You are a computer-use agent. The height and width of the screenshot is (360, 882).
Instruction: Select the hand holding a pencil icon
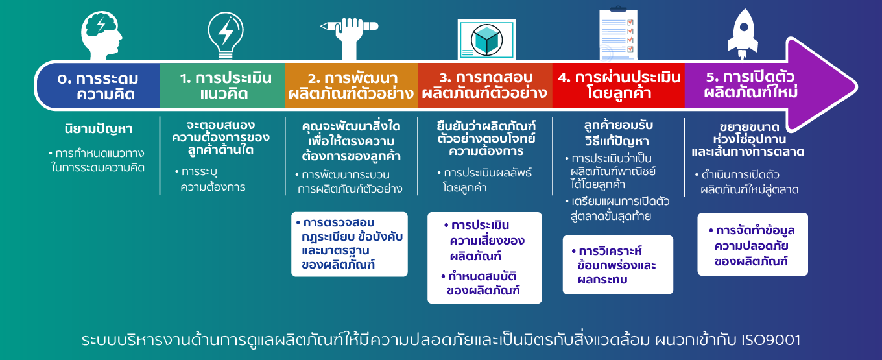click(x=350, y=38)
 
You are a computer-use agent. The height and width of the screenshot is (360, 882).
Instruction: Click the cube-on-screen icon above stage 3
click(x=486, y=40)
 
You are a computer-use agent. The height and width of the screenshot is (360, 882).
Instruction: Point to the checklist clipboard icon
click(x=618, y=34)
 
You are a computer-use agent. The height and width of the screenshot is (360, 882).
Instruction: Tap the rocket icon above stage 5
click(x=743, y=34)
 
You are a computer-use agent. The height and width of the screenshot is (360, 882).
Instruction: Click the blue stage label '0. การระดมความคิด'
click(x=99, y=86)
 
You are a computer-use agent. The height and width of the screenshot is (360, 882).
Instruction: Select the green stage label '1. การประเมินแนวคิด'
click(x=225, y=86)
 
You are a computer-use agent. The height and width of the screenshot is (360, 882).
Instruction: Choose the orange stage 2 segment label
click(x=351, y=86)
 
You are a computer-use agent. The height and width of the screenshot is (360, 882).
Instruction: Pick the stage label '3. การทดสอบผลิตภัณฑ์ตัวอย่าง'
click(x=484, y=85)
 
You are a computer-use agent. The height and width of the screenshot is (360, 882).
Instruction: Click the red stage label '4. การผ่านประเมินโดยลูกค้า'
click(x=619, y=85)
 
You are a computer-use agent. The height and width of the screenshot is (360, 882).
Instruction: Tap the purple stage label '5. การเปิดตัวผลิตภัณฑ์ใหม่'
click(x=750, y=84)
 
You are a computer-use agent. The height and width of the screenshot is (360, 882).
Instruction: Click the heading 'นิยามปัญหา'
click(x=99, y=129)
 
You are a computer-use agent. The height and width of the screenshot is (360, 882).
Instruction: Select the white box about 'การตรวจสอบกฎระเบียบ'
click(x=350, y=244)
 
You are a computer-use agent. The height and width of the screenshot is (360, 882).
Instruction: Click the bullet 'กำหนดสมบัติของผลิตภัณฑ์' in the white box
click(x=481, y=283)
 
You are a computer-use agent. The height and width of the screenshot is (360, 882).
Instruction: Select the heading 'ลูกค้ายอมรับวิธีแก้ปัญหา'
click(x=618, y=133)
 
